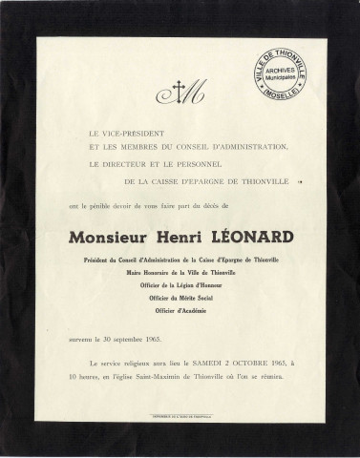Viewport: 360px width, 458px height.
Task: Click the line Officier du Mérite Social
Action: click(180, 297)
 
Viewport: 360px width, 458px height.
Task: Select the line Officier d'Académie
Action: click(180, 310)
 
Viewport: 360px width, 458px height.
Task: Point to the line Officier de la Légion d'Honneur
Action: click(180, 283)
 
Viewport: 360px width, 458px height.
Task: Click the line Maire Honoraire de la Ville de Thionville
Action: click(180, 271)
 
